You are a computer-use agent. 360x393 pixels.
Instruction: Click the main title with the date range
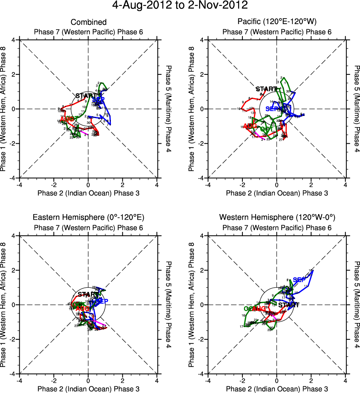[180, 6]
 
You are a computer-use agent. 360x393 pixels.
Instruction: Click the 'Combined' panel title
[88, 22]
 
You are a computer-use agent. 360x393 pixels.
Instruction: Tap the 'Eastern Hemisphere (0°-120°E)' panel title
[88, 217]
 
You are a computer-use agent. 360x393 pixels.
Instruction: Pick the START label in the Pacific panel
[266, 89]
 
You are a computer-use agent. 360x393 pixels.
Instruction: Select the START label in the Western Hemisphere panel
[289, 305]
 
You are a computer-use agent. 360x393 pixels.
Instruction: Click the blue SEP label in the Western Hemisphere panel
[299, 280]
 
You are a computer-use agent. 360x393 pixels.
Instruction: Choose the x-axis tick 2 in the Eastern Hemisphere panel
[123, 380]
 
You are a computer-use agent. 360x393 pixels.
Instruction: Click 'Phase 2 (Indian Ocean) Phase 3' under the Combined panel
[88, 193]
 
